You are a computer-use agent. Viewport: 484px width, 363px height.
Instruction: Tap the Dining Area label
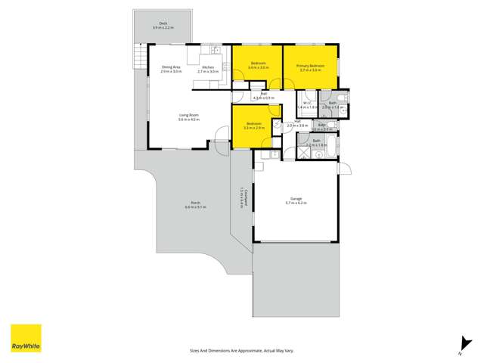[171, 67]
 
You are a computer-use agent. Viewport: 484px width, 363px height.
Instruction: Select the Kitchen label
[208, 67]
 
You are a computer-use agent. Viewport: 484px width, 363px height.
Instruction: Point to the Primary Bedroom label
[311, 66]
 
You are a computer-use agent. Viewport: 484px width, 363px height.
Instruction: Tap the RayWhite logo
[25, 338]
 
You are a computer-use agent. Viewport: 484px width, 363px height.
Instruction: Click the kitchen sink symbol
[216, 51]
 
